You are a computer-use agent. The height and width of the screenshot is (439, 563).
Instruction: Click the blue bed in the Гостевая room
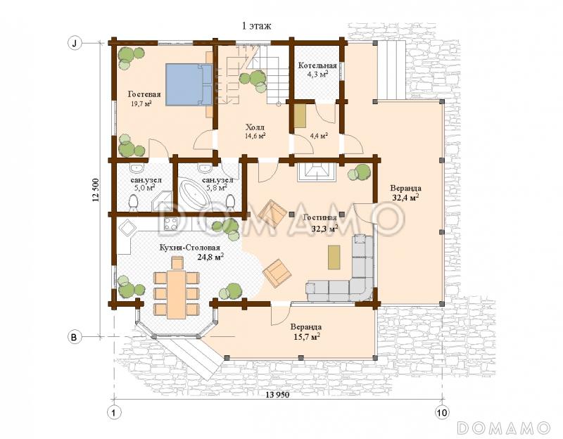click(189, 84)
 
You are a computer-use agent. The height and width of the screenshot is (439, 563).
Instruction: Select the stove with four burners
click(170, 224)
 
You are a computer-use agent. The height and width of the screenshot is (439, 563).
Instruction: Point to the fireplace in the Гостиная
click(316, 172)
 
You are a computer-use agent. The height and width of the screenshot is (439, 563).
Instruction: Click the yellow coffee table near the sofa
click(334, 257)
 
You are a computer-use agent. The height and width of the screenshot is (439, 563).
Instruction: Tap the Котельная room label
click(317, 65)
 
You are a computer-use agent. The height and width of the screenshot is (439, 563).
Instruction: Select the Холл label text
click(255, 127)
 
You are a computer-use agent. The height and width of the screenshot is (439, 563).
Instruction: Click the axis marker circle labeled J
click(75, 44)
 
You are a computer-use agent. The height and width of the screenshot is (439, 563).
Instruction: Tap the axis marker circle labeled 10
click(442, 412)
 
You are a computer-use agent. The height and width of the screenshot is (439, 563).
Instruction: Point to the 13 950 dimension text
click(277, 395)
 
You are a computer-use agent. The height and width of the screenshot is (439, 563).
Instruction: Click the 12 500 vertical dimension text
click(96, 189)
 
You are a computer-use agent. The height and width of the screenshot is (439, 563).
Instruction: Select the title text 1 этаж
click(256, 26)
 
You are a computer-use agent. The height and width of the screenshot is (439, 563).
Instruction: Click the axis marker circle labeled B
click(75, 338)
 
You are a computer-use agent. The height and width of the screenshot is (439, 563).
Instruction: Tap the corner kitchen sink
click(126, 227)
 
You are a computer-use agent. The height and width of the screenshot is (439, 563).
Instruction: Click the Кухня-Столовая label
click(189, 248)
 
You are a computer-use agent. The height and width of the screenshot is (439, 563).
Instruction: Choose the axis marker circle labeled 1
click(114, 412)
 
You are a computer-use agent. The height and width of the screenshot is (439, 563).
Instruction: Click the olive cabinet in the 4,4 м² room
click(300, 116)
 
